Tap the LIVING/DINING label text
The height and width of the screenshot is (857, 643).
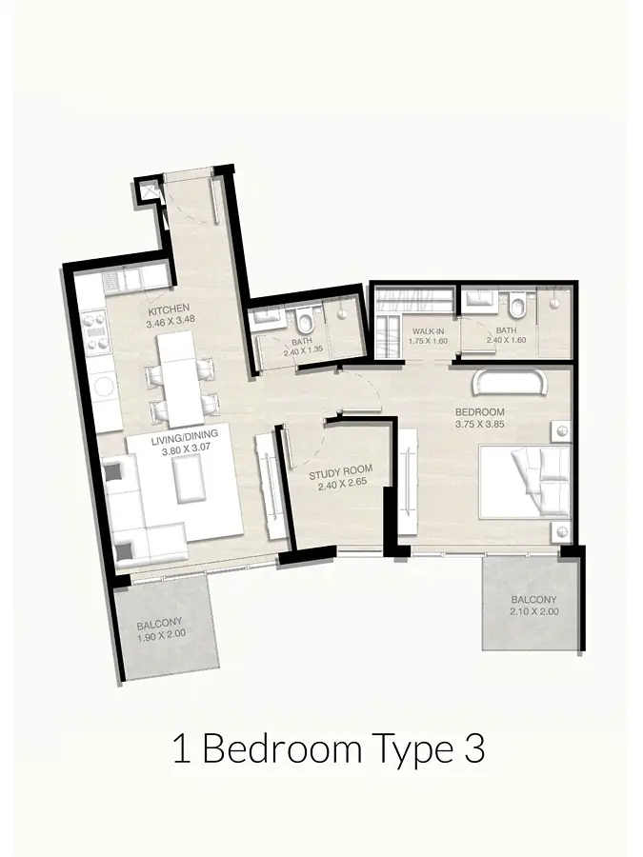(184, 435)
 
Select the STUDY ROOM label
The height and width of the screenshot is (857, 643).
(341, 470)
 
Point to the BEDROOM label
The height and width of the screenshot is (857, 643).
(479, 411)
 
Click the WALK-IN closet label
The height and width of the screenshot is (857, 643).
(428, 331)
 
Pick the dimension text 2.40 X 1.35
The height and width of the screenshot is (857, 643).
(302, 353)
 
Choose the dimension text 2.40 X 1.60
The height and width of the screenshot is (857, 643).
(506, 339)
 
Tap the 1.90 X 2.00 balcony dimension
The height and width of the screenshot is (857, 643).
(161, 634)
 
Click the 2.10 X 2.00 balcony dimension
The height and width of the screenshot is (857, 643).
(533, 611)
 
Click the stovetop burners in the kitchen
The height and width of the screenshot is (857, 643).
(93, 329)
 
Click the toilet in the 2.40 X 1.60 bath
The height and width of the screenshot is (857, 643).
(516, 306)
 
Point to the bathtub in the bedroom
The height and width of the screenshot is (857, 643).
(509, 381)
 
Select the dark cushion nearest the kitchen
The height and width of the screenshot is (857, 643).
(114, 471)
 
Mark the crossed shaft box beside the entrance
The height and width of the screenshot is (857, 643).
(148, 191)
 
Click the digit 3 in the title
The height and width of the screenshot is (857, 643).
(474, 750)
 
